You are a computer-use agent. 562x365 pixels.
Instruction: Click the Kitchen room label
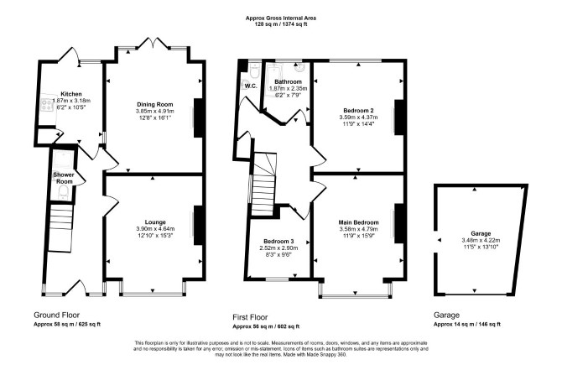71,94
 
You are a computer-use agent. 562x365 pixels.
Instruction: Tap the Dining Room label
155,104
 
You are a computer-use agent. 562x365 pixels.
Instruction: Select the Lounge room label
155,222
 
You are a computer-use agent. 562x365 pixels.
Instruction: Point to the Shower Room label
64,178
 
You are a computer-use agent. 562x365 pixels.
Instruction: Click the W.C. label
251,86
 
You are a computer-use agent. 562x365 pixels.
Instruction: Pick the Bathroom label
289,81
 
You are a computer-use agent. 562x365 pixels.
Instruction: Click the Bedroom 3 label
278,242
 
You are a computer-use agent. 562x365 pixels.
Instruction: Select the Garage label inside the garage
481,234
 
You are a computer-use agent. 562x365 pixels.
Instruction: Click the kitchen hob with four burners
46,105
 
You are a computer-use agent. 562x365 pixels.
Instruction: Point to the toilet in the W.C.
254,71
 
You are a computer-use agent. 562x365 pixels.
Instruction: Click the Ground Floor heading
57,315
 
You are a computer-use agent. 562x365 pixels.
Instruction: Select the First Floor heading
250,317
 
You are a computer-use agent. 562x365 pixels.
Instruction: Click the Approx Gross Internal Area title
281,18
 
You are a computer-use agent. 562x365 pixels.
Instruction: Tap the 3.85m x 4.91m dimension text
155,111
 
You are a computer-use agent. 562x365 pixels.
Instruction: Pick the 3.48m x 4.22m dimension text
481,241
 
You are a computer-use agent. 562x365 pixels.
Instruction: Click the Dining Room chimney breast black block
199,117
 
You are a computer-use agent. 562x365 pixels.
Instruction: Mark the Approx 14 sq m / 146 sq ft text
467,324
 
